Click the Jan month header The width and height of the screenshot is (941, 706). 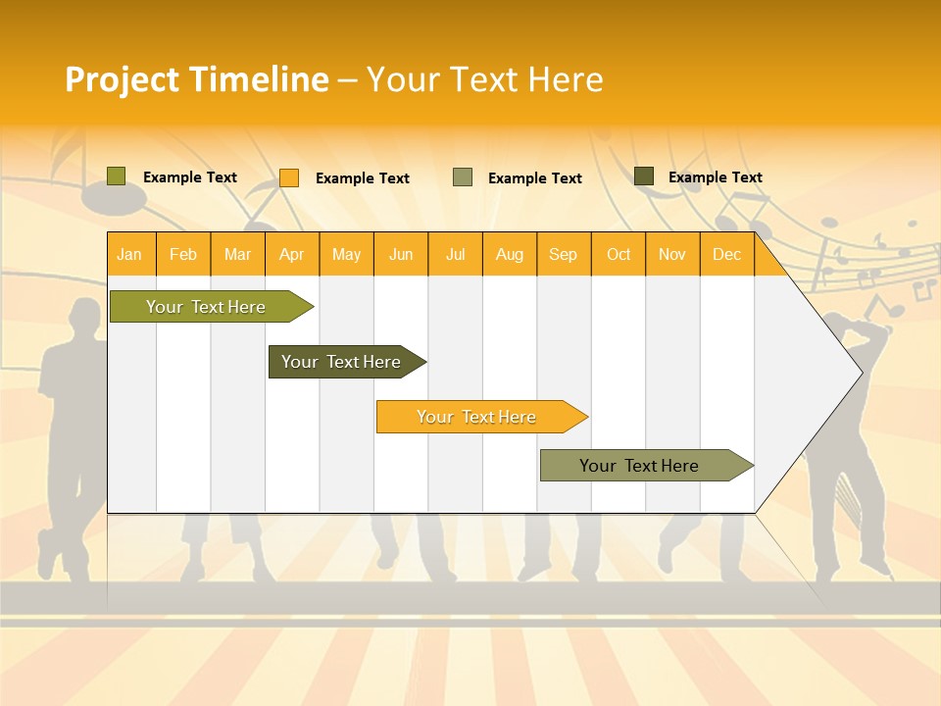130,254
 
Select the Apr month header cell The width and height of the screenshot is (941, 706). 292,254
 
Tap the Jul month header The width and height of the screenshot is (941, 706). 456,254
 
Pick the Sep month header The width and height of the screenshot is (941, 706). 564,254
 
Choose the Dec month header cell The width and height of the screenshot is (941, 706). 726,254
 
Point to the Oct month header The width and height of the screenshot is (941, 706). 619,254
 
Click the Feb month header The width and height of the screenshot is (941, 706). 183,254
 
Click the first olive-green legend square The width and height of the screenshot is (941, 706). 117,176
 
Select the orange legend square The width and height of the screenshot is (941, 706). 289,177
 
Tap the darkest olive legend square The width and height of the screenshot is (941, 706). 644,176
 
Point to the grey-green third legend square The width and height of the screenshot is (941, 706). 463,177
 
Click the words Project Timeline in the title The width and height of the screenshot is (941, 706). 197,79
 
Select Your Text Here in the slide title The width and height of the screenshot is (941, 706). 484,79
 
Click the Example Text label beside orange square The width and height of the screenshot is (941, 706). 363,178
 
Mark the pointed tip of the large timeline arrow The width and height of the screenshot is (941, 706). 861,373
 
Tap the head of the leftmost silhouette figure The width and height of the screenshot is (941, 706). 89,315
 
